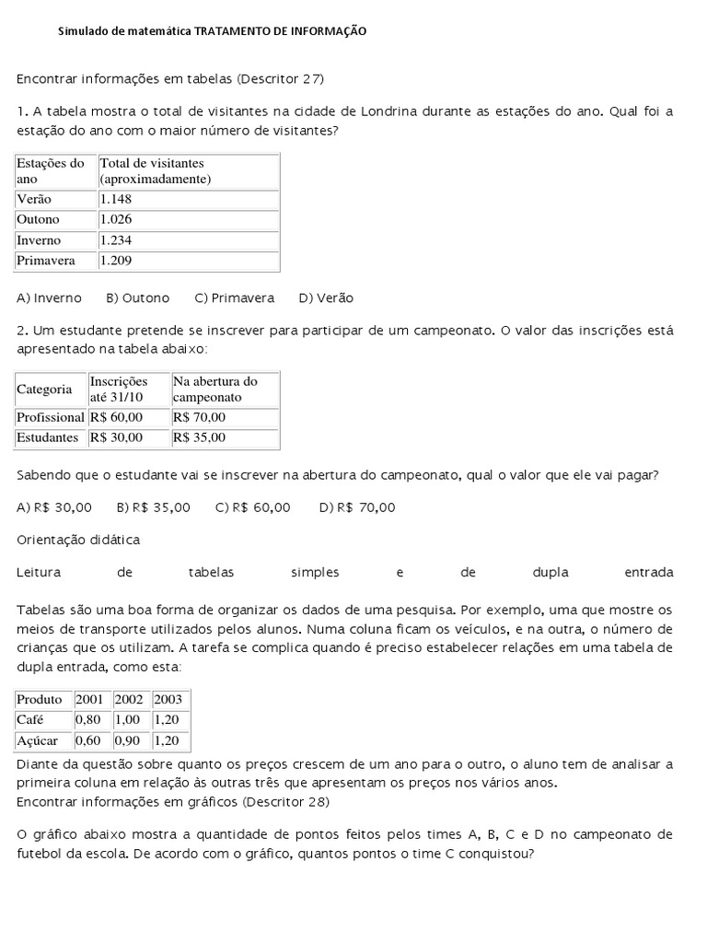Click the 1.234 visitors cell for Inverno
(117, 240)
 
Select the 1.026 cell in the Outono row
(117, 219)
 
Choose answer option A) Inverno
(50, 298)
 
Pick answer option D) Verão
(326, 298)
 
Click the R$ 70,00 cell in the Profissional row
(199, 417)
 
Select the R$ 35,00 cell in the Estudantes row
(199, 437)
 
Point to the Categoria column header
(44, 390)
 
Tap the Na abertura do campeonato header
(214, 389)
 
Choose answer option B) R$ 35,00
(154, 507)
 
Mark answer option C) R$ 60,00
(253, 507)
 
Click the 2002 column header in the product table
(129, 699)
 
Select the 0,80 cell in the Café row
(88, 719)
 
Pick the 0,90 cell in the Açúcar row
(127, 740)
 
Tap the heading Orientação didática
(79, 540)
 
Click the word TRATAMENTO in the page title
(234, 31)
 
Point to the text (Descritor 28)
(284, 802)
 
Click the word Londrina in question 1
(367, 111)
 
